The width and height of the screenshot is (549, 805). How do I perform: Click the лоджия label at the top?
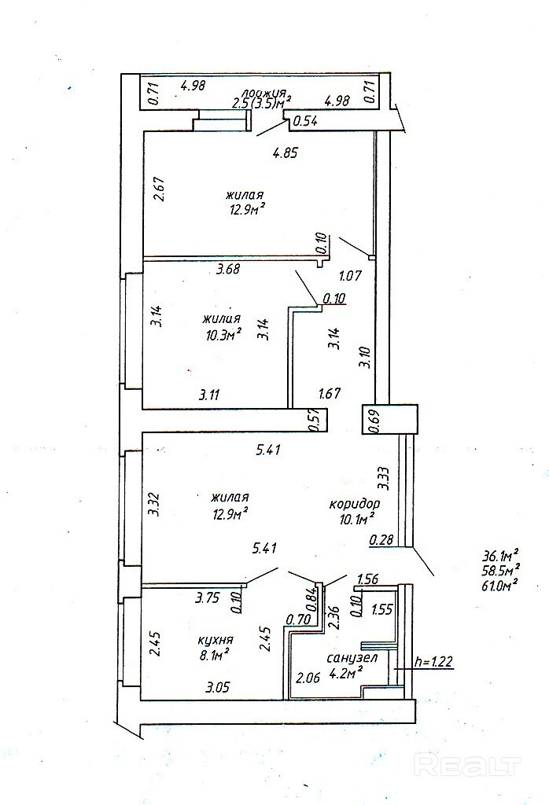264,93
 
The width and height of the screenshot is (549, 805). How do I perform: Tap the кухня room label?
216,640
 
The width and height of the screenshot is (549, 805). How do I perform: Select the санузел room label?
352,658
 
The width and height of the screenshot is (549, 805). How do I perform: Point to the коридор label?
355,504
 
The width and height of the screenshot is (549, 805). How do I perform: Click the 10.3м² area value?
222,335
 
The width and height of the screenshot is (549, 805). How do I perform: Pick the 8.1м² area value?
212,654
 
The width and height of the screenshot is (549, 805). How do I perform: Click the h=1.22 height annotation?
433,661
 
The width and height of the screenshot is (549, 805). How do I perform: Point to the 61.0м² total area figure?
500,583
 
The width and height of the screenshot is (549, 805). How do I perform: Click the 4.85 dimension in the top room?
285,153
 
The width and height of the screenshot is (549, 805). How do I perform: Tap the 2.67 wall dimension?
159,189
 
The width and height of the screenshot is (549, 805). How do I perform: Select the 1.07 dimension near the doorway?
350,275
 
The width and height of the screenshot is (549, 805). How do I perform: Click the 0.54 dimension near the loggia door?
305,121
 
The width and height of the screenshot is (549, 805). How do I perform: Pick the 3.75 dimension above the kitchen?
208,597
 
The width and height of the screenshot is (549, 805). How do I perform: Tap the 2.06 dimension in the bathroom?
308,677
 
